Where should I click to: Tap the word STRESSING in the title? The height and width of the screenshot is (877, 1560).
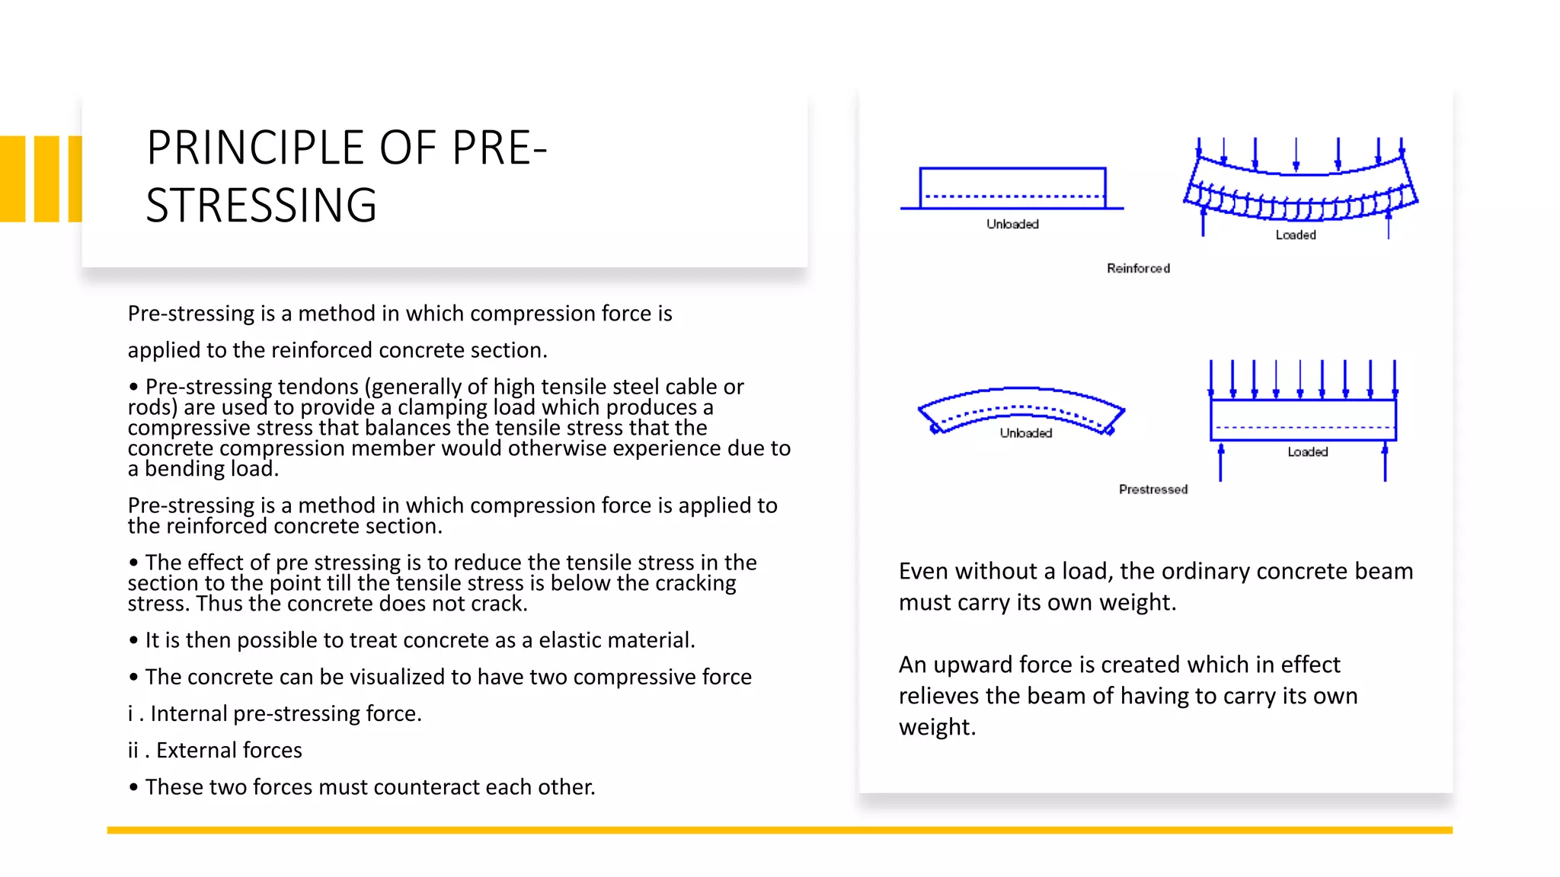click(x=261, y=206)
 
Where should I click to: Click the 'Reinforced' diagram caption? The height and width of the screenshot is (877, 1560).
click(x=1138, y=268)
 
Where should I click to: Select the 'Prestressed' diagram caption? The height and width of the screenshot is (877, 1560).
click(x=1152, y=490)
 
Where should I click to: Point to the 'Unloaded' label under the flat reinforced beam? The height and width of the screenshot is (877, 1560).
click(x=1012, y=224)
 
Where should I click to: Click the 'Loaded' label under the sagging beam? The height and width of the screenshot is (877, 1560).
click(x=1296, y=235)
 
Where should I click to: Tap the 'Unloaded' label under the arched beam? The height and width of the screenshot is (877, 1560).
click(x=1025, y=433)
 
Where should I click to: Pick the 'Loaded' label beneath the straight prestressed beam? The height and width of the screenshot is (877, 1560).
click(x=1307, y=452)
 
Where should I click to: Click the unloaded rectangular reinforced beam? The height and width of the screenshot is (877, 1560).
click(x=1012, y=187)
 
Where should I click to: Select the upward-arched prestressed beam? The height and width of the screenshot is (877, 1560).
click(x=1021, y=403)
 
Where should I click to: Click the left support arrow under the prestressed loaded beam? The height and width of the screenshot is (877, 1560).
click(x=1220, y=462)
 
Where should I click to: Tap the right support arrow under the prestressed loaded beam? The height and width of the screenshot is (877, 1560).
click(x=1385, y=462)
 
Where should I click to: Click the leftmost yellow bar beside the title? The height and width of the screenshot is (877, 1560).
click(x=13, y=179)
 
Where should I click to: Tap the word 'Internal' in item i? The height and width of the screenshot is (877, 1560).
click(x=189, y=713)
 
